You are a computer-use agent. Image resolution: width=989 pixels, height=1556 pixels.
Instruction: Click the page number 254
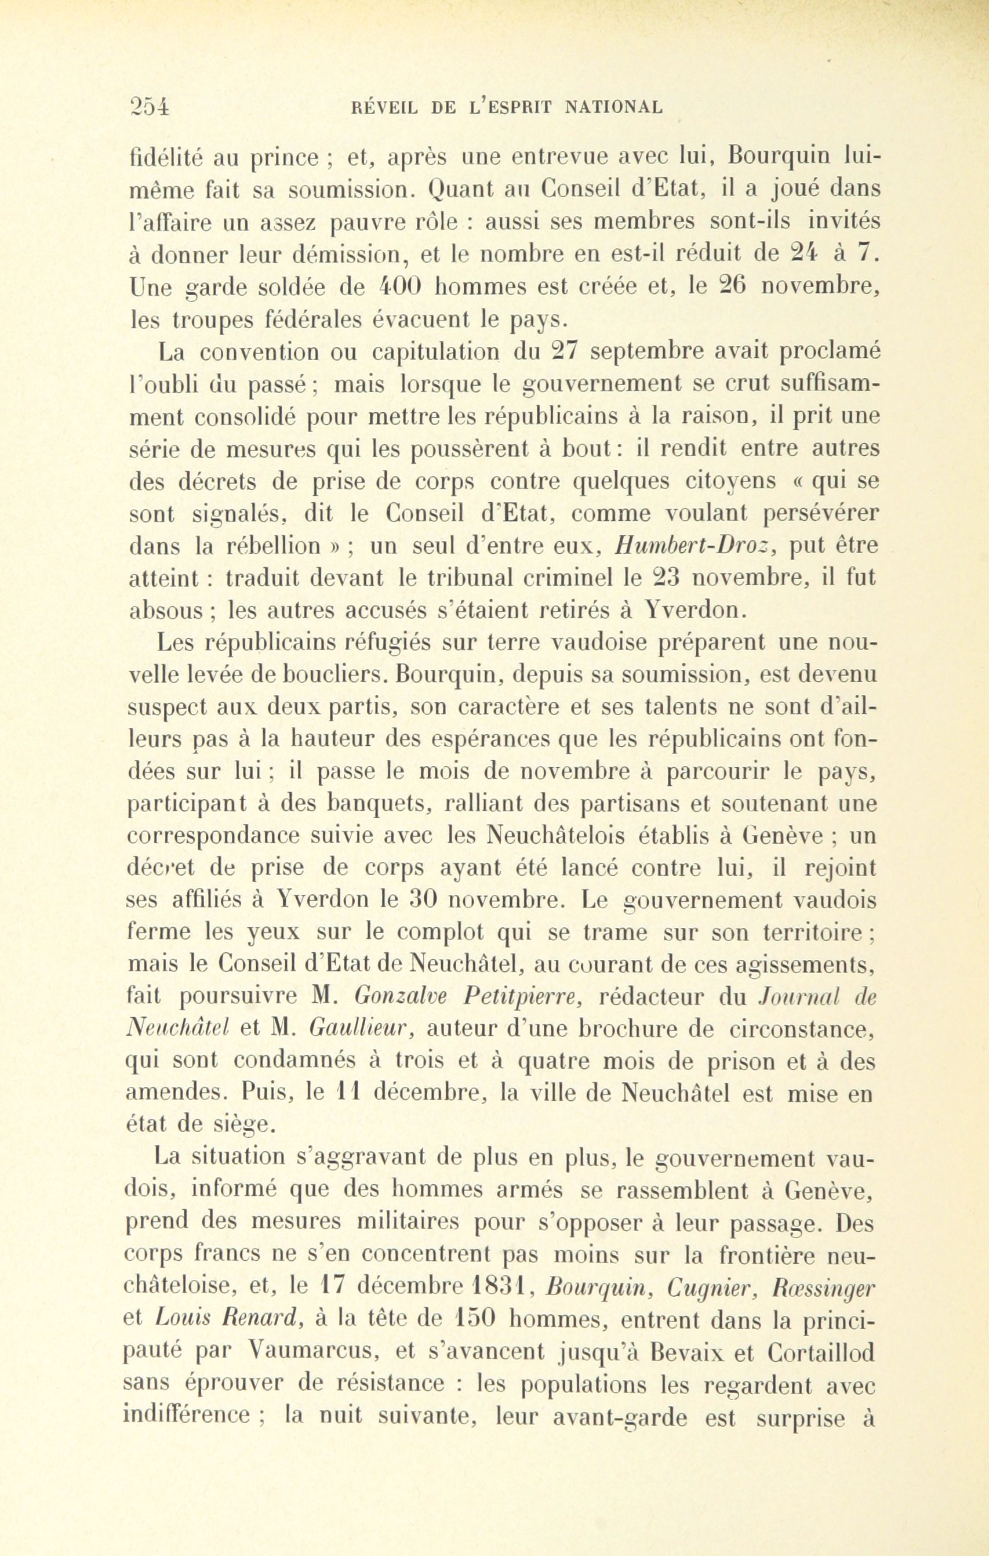click(x=149, y=106)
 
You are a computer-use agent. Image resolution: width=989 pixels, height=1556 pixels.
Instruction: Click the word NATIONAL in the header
click(x=614, y=107)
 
